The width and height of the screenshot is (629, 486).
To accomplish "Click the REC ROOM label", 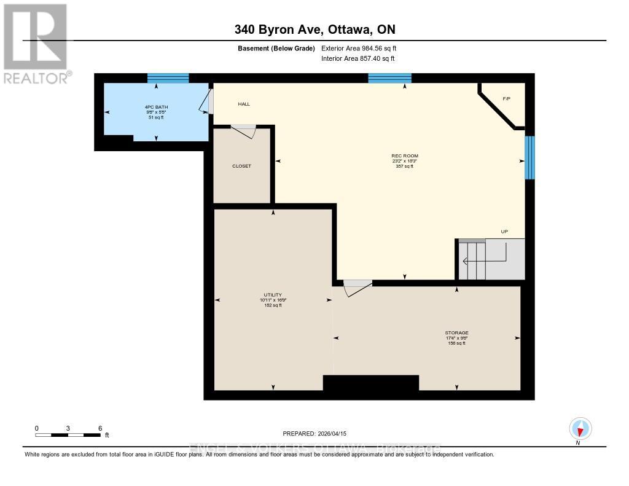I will click(x=405, y=156).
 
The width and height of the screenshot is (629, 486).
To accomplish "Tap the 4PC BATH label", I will click(x=155, y=107).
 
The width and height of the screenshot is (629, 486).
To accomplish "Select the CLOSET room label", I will click(x=241, y=166).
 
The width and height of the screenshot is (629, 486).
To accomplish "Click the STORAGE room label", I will click(x=456, y=333).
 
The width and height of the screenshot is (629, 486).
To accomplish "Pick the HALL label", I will click(x=244, y=104).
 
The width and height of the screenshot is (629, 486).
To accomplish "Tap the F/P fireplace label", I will click(x=506, y=99).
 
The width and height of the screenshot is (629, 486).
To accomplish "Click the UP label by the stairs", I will click(x=504, y=232).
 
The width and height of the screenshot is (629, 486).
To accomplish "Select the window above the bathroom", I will click(x=168, y=78).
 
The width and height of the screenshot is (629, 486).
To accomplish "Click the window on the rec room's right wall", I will click(x=529, y=157).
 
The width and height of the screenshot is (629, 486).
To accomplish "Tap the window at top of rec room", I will click(x=389, y=78).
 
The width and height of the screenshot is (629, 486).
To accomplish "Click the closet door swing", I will click(x=244, y=130).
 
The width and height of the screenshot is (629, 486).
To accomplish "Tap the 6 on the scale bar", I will click(x=100, y=428).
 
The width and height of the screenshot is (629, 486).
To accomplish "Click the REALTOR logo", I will click(x=36, y=43).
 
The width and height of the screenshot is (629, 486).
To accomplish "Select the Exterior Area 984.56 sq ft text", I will click(x=362, y=48).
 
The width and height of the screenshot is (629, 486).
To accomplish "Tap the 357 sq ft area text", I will click(x=405, y=166).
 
